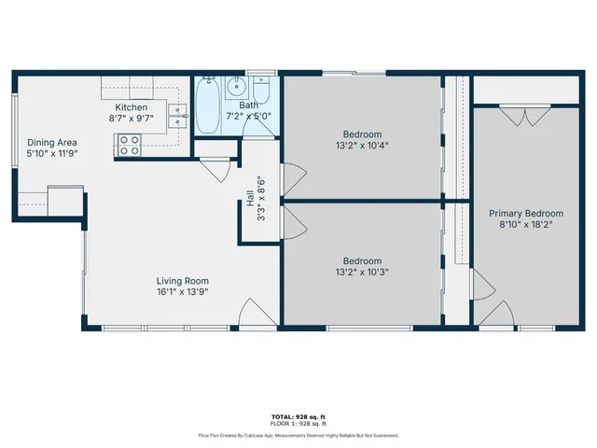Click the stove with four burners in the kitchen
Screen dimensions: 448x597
point(129,146)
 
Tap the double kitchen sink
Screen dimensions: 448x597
point(177,116)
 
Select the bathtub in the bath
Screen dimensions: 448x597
point(207,112)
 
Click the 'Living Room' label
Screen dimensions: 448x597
point(182,280)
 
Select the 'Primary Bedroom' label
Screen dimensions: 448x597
point(526,214)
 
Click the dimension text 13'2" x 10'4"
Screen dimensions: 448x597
point(361,145)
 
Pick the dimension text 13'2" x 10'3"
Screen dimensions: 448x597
point(361,272)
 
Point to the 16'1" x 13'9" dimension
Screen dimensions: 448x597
point(182,291)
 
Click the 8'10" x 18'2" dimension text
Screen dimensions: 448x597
point(526,225)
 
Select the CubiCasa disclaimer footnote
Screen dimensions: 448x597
point(298,435)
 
